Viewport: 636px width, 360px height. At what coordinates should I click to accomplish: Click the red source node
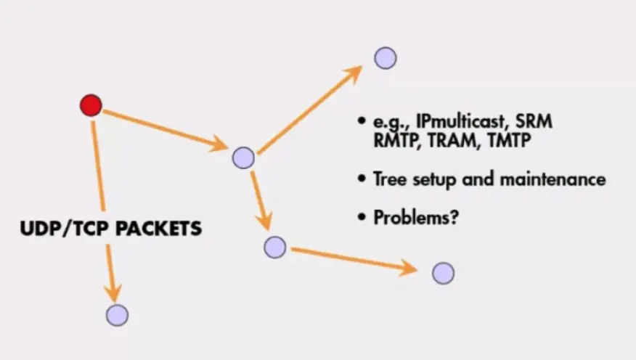tap(91, 105)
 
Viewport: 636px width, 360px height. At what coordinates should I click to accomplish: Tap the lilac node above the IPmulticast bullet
tap(386, 58)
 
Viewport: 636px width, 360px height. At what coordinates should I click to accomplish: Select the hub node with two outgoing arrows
tap(243, 157)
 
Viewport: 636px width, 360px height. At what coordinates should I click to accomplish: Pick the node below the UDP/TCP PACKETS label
tap(117, 314)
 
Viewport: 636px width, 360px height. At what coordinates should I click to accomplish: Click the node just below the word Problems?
tap(443, 273)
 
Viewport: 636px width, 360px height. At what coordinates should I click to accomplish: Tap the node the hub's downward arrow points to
tap(275, 247)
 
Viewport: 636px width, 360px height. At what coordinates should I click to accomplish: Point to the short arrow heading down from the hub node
tap(261, 200)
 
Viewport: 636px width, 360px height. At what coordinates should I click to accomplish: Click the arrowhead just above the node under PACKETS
tap(113, 290)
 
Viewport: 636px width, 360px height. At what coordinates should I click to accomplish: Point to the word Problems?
tap(415, 217)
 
